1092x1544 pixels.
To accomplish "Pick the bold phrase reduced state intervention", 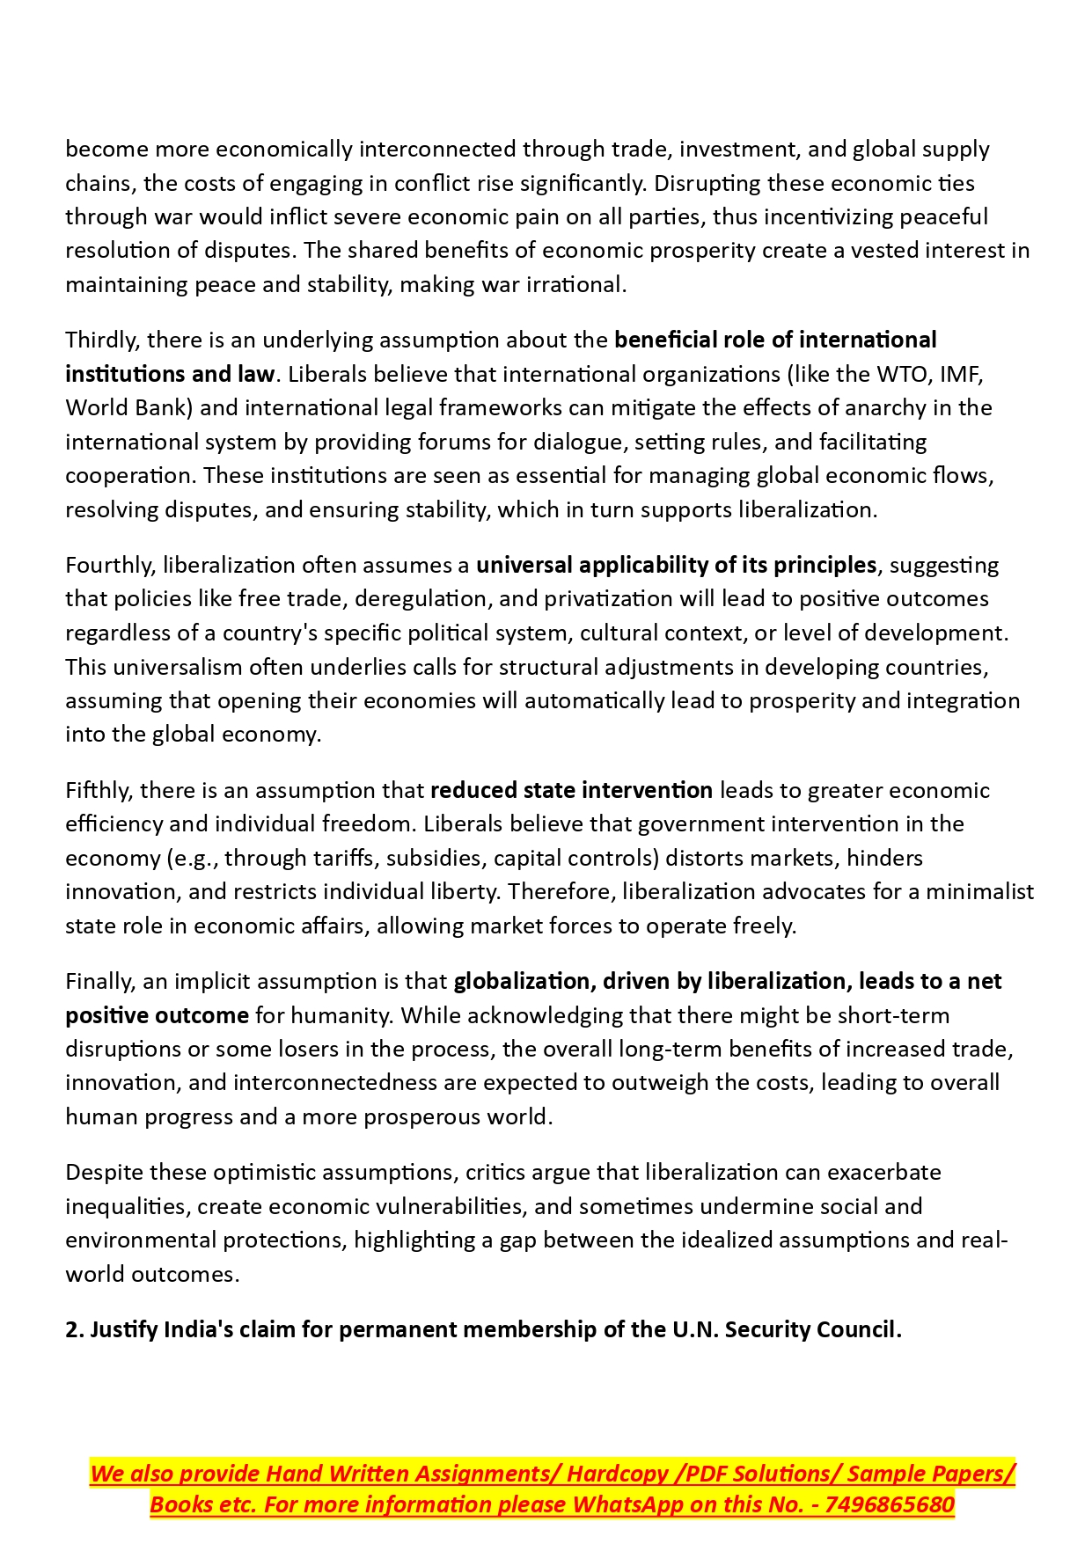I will tap(571, 790).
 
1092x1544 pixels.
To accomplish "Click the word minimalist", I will tap(979, 891).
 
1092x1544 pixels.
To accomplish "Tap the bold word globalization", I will tap(524, 981).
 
